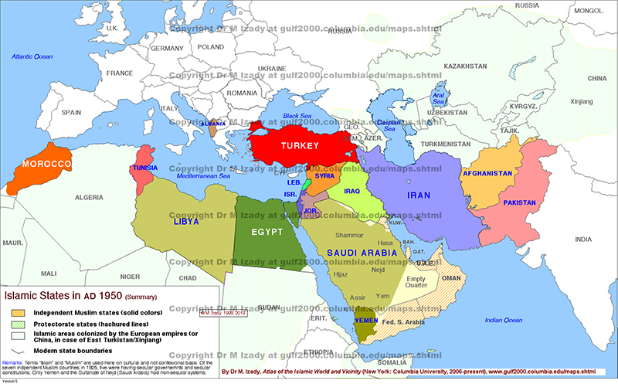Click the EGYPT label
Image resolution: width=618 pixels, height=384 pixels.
[x=267, y=232]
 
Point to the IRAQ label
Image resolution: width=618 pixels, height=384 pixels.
[x=351, y=191]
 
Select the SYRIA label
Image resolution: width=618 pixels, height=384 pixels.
[x=324, y=175]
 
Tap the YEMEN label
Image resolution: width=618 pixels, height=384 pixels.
[x=365, y=319]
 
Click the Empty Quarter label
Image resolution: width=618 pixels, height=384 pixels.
[x=416, y=283]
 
